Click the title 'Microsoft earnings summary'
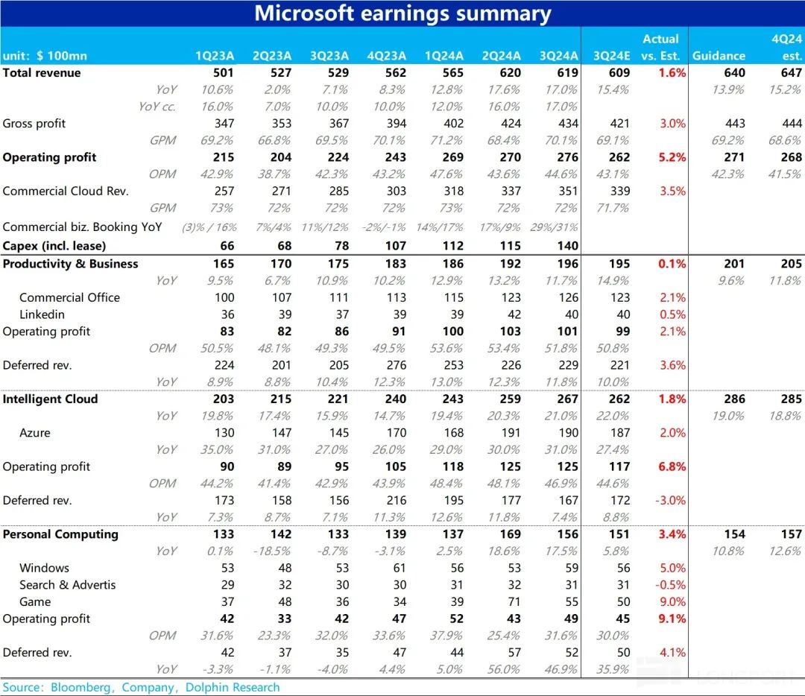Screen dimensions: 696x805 pyautogui.click(x=402, y=13)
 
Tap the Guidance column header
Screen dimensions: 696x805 pyautogui.click(x=719, y=56)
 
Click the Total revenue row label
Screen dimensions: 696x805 pyautogui.click(x=42, y=73)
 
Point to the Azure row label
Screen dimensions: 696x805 pyautogui.click(x=36, y=433)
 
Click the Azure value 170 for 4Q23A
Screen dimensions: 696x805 pyautogui.click(x=396, y=433)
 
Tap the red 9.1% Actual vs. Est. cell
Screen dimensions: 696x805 pyautogui.click(x=672, y=619)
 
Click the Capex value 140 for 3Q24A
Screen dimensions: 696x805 pyautogui.click(x=567, y=246)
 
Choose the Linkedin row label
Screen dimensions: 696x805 pyautogui.click(x=42, y=314)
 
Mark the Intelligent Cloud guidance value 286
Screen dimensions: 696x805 pyautogui.click(x=734, y=399)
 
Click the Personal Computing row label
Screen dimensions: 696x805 pyautogui.click(x=60, y=534)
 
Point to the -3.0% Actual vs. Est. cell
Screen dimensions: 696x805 pyautogui.click(x=671, y=501)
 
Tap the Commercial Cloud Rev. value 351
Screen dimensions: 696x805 pyautogui.click(x=567, y=191)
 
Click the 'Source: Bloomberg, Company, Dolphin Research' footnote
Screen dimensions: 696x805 pyautogui.click(x=141, y=687)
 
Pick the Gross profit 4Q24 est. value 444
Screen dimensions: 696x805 pyautogui.click(x=792, y=124)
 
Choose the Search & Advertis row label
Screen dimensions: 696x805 pyautogui.click(x=68, y=585)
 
